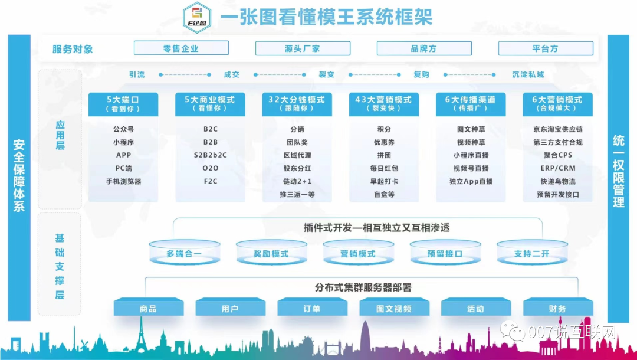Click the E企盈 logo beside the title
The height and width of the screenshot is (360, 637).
196,17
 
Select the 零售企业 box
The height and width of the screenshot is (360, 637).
181,48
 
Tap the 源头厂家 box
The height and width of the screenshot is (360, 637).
303,48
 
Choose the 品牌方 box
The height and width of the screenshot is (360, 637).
424,48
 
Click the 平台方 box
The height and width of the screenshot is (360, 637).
546,48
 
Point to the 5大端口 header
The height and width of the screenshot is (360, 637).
123,104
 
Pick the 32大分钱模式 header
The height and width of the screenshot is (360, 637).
297,104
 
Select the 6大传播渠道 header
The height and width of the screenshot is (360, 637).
470,104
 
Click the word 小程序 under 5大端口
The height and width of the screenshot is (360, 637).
123,142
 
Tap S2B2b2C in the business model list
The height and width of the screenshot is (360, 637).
211,155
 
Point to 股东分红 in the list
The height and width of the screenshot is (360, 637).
297,168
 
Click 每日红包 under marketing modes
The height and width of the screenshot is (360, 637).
384,168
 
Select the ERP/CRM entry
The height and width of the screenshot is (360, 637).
557,168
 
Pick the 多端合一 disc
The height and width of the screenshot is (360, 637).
184,253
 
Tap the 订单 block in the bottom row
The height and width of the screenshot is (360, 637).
312,309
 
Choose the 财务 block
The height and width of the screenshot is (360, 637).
557,309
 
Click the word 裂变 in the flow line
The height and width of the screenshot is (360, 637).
327,75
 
